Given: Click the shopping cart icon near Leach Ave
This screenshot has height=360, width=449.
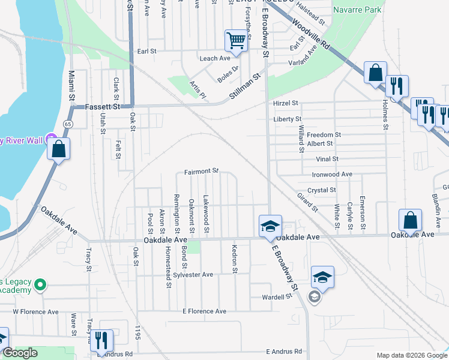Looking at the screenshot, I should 237,41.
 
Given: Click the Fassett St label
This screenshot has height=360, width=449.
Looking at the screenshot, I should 103,106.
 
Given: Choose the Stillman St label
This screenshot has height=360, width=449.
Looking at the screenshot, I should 246,87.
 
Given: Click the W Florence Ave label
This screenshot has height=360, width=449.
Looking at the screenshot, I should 35,312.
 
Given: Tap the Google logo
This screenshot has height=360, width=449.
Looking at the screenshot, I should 19,353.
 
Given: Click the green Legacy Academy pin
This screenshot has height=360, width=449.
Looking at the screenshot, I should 40,284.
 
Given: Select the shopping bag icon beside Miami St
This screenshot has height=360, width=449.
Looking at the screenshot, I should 59,149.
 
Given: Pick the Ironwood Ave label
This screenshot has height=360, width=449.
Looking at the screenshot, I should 332,174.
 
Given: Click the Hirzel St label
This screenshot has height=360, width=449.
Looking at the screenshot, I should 286,103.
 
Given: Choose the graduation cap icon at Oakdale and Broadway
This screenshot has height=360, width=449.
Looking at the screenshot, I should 270,226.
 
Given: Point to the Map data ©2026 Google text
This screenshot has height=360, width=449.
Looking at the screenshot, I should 411,355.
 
